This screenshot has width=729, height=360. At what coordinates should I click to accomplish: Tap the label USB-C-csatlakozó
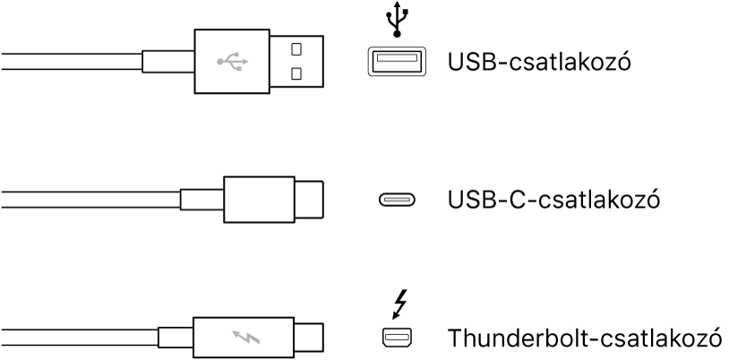tap(553, 199)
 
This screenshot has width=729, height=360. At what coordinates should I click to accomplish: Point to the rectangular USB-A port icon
tap(395, 61)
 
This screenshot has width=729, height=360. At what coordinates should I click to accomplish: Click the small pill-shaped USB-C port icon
tap(395, 200)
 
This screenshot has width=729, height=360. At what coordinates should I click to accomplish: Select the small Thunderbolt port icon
tap(394, 338)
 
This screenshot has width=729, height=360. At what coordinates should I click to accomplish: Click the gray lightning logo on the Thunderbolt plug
tap(244, 338)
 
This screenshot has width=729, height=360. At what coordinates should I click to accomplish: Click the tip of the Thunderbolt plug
tap(307, 338)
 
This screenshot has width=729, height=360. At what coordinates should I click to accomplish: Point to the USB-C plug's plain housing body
tap(256, 199)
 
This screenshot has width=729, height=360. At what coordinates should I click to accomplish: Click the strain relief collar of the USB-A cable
tap(170, 61)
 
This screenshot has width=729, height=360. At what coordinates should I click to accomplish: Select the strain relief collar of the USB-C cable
tap(202, 199)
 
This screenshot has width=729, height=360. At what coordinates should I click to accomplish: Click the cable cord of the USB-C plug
tap(90, 199)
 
